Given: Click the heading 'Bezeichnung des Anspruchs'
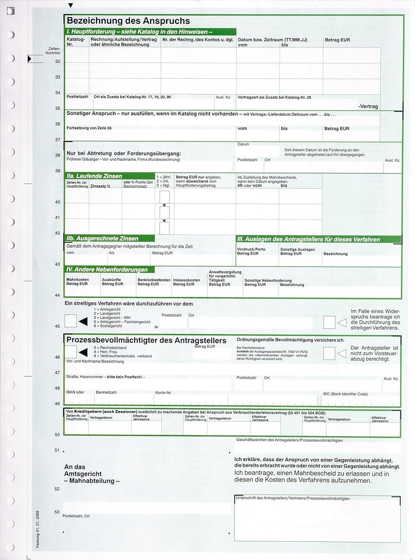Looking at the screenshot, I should click(x=128, y=21).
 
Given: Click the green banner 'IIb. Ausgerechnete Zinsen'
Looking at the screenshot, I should click(x=102, y=239).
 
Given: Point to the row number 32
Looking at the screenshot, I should click(x=57, y=62).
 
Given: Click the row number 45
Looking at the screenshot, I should click(x=57, y=326).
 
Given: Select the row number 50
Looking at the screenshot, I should click(x=57, y=435).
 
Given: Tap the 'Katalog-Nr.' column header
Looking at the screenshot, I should click(x=76, y=42).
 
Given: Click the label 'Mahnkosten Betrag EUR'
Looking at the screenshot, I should click(x=78, y=282).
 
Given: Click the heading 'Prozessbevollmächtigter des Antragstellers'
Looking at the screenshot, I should click(x=146, y=340).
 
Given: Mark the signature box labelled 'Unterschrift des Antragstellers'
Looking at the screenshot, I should click(x=317, y=521).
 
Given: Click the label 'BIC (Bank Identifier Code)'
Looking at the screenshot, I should click(x=345, y=394).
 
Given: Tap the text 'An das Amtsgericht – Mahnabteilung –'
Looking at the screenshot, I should click(x=91, y=474).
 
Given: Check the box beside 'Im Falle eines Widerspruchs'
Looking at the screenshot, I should click(x=329, y=322).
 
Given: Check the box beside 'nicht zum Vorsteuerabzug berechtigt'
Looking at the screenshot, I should click(x=329, y=353).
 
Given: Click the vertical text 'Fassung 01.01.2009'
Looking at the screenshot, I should click(x=38, y=529).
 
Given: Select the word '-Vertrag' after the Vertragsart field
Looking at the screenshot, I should click(x=368, y=106).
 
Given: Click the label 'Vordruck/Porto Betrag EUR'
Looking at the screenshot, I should click(x=251, y=251).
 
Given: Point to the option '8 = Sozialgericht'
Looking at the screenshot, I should click(x=108, y=326).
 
